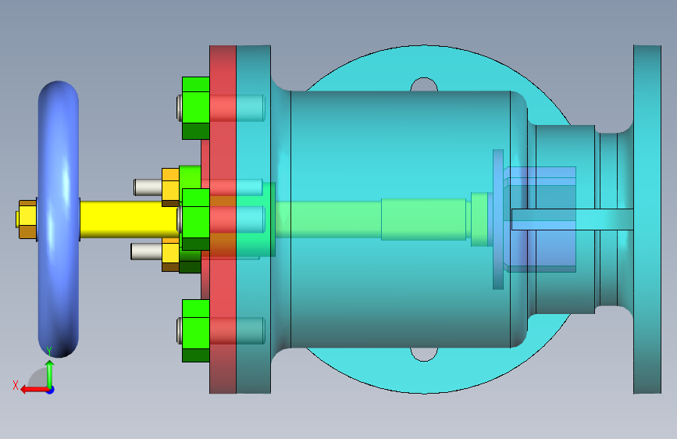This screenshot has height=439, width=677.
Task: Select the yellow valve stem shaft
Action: (x=130, y=219)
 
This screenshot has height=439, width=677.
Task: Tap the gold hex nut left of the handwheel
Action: (x=27, y=219)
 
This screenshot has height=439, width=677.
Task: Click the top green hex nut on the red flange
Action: (x=195, y=108)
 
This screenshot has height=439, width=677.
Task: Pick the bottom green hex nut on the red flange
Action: (x=195, y=330)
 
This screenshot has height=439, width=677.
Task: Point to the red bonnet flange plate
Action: (x=223, y=219)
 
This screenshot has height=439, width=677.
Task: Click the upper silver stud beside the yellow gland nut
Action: (x=148, y=187)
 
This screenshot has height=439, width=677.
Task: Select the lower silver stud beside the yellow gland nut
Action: (x=146, y=251)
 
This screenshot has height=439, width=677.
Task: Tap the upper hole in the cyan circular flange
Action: (x=424, y=84)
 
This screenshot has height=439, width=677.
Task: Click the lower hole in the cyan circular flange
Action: (x=424, y=355)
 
